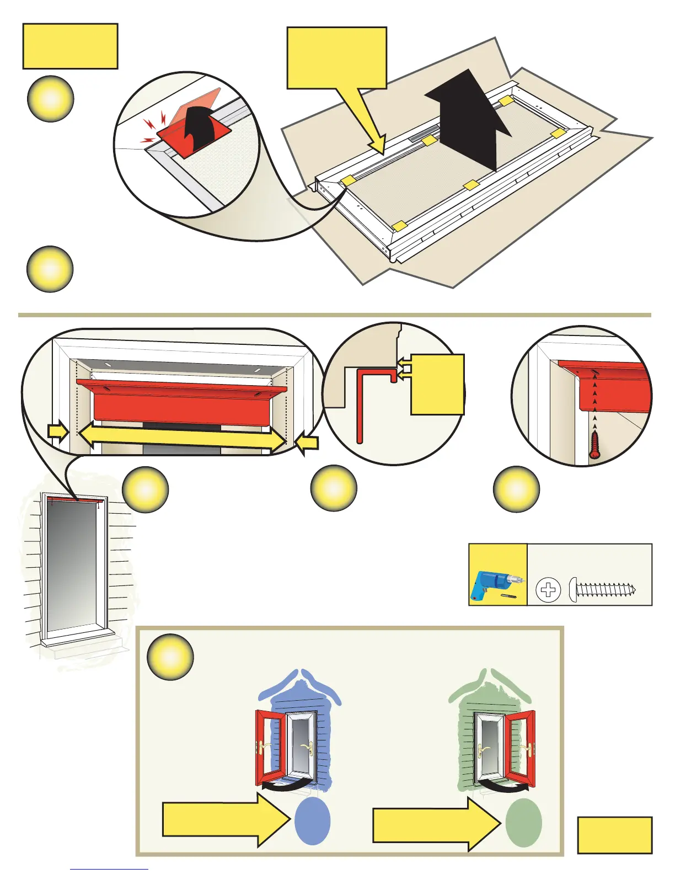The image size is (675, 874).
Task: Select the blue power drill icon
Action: pos(490,585)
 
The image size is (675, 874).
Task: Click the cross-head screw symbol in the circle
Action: pos(548,590)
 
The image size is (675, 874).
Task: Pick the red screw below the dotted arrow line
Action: pos(594,445)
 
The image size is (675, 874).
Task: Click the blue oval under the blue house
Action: pos(313,822)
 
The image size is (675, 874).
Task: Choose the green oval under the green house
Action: pos(524,823)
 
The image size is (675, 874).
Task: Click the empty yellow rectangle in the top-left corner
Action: pos(70,46)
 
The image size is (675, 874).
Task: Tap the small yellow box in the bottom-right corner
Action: pos(615,835)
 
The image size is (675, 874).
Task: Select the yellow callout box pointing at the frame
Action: pos(336,58)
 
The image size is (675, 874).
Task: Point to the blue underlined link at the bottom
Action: pos(109,869)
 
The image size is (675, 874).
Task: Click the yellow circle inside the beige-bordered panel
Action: pos(170,657)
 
